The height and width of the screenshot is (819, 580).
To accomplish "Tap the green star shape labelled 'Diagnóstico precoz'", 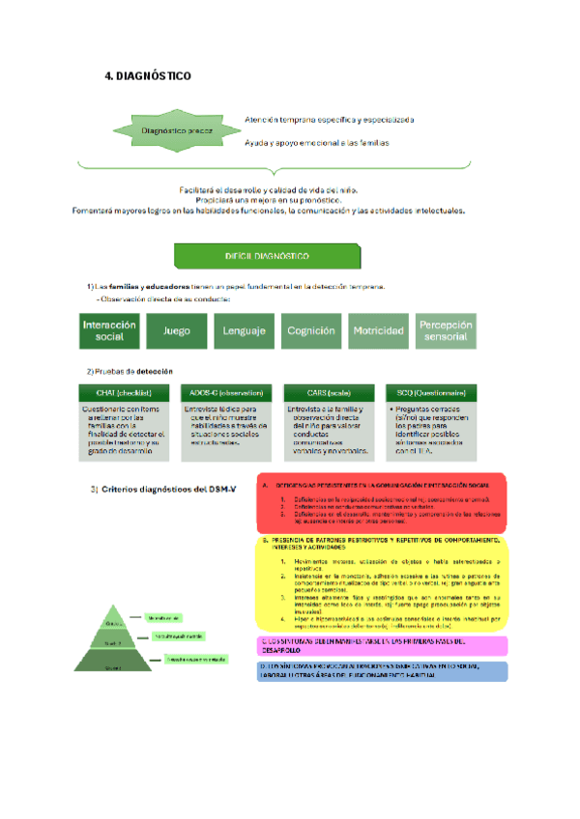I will [176, 130].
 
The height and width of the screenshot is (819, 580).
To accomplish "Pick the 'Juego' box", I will [176, 330].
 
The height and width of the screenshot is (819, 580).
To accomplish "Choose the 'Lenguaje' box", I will [244, 330].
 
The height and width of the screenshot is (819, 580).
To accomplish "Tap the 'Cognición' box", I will [311, 330].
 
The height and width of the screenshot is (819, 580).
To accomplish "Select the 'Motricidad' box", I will [378, 330].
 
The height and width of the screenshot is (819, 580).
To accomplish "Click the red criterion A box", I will [382, 503].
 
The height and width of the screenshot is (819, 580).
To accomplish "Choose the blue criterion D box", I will [382, 669].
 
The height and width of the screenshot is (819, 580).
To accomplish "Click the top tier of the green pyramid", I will [111, 619].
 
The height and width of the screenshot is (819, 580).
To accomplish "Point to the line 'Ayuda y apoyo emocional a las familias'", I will [316, 143].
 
